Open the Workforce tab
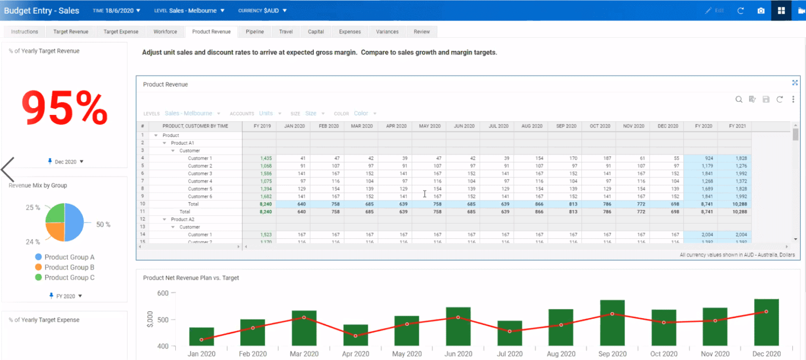coord(165,31)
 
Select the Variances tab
coord(387,31)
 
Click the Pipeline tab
coord(254,31)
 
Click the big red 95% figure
coord(65,109)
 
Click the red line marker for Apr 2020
coord(355,336)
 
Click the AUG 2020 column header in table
coord(531,126)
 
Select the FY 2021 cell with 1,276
coord(735,166)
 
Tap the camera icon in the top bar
coord(761,10)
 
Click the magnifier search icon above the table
coord(738,99)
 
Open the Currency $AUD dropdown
coord(262,10)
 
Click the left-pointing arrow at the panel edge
coord(8,169)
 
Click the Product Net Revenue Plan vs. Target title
coord(191,278)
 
